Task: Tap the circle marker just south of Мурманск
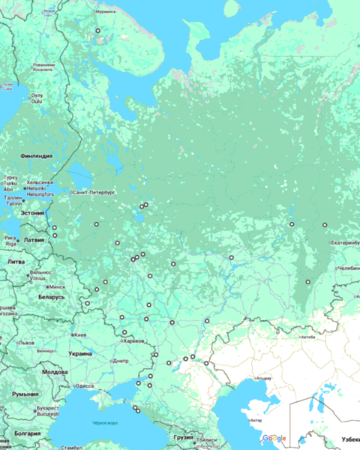coord(97,31)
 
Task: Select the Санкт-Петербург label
coord(92,193)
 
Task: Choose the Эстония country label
coord(32,213)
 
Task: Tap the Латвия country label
coord(34,240)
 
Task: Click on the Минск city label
coord(57,286)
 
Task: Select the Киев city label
coord(80,334)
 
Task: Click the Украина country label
coord(80,353)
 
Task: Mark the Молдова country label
coord(55,372)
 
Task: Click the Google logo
coord(274,438)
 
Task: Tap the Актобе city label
coord(307,337)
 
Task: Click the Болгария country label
coord(28,433)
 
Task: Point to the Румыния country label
coord(25,394)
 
